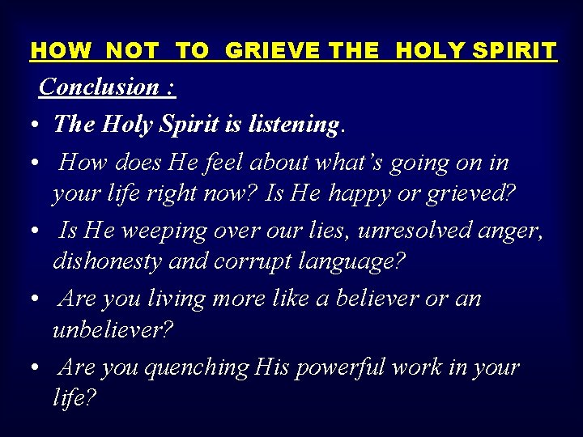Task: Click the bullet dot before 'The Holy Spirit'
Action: pyautogui.click(x=29, y=126)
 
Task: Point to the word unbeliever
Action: pyautogui.click(x=113, y=331)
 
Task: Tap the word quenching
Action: pyautogui.click(x=197, y=367)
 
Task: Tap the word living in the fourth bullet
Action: pyautogui.click(x=177, y=299)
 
